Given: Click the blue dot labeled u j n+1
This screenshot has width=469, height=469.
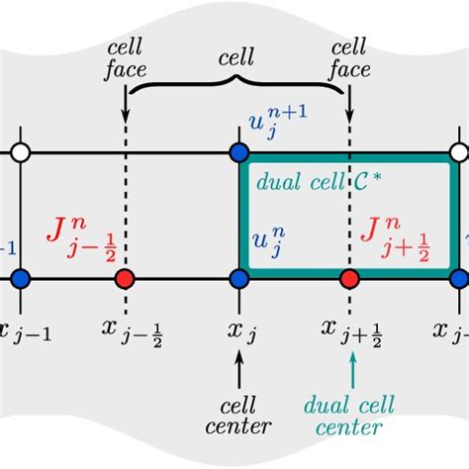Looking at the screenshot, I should (x=238, y=152).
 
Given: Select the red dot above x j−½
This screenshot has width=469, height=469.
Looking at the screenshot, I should (x=125, y=278).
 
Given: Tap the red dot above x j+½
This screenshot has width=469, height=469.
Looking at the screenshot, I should (x=349, y=278).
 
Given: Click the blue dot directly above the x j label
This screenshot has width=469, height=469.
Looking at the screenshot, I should (x=238, y=278).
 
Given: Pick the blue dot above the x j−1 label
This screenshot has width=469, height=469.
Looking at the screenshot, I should (x=20, y=278).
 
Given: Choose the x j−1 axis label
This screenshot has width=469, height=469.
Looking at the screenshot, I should (x=24, y=331).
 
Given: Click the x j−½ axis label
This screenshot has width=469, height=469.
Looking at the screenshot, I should (x=128, y=332).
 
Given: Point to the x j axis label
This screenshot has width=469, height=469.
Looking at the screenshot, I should (x=242, y=330).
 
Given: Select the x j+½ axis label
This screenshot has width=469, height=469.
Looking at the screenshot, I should (x=352, y=332).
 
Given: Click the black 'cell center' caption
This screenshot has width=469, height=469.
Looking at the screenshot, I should (x=238, y=417).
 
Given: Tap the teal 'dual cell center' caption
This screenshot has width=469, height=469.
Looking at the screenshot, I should (x=348, y=417).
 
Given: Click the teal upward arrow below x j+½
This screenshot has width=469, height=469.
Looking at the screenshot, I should (x=352, y=370).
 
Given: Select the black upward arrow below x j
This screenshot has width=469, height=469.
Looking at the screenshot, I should (x=238, y=370).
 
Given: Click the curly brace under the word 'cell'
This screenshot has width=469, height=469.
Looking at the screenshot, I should (x=235, y=86).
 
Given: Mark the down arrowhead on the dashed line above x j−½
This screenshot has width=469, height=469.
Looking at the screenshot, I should (x=126, y=109).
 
